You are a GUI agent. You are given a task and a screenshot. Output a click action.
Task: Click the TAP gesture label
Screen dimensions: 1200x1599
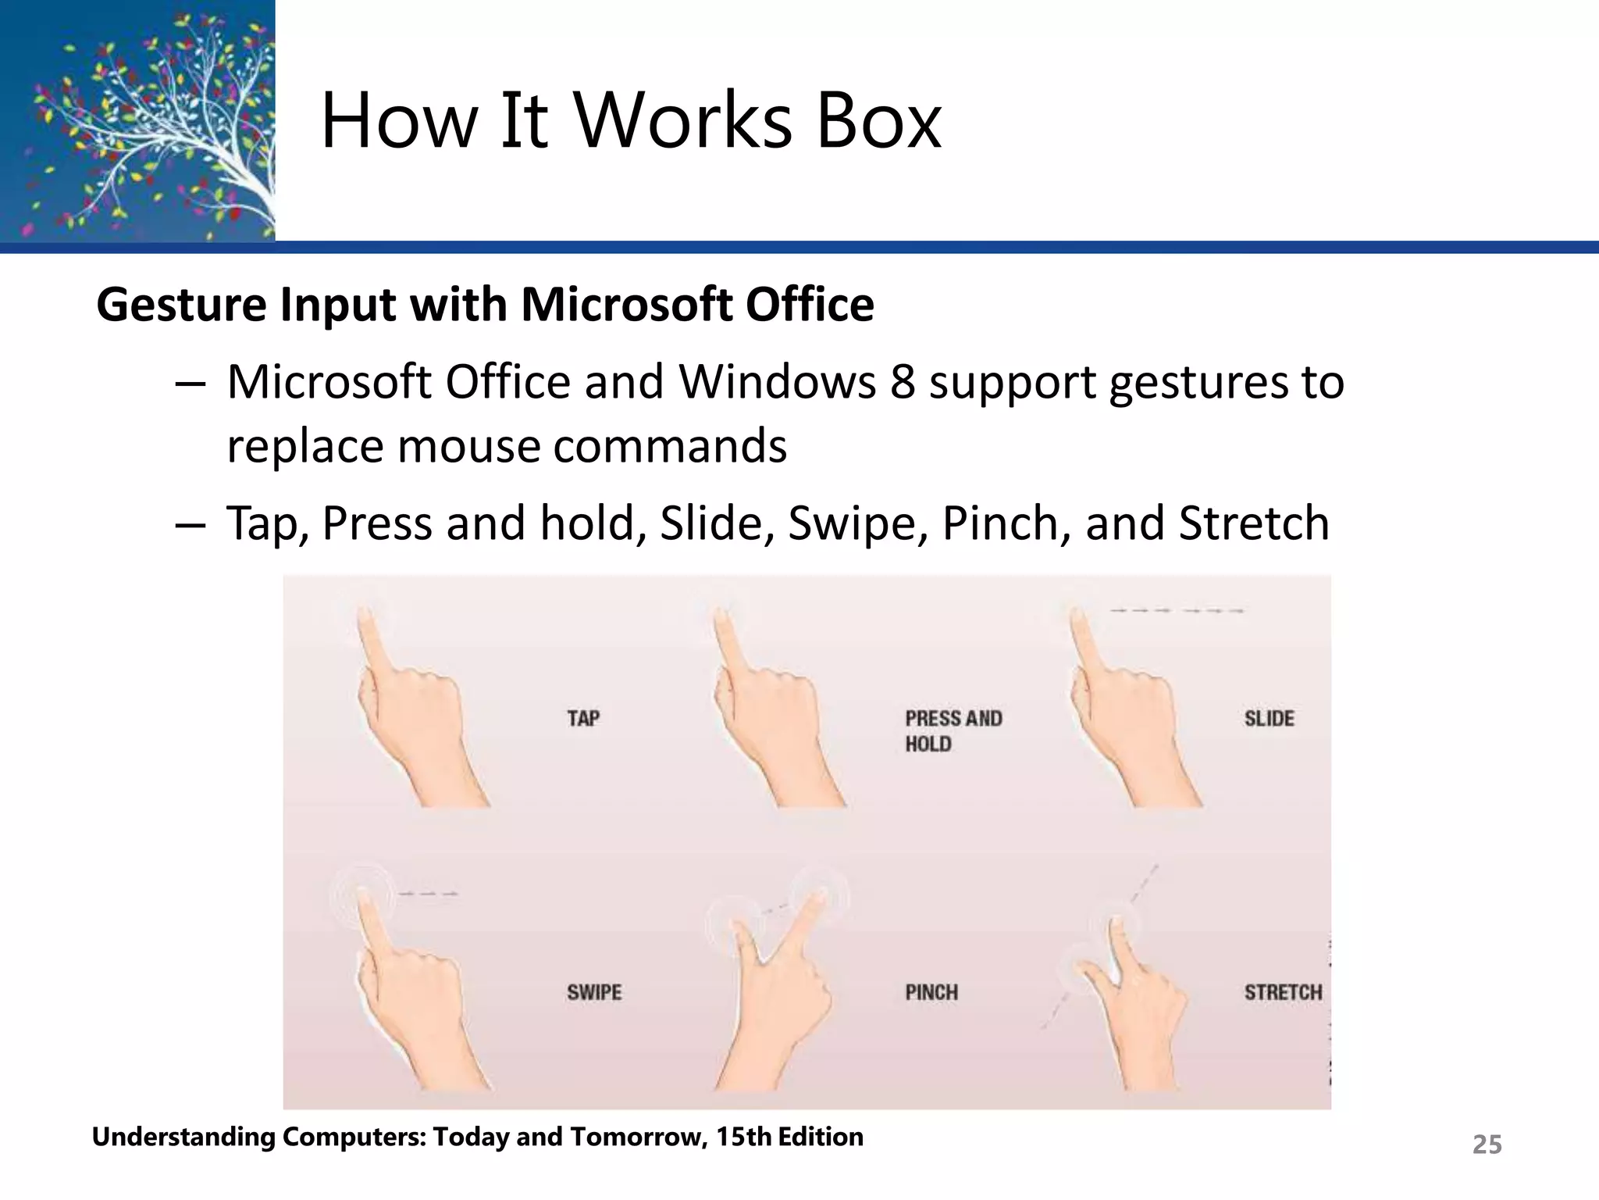pos(583,718)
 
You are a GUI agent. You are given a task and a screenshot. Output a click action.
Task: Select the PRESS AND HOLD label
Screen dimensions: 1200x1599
pos(953,730)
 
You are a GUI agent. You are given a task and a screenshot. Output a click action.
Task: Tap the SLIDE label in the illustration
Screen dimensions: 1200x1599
pos(1269,718)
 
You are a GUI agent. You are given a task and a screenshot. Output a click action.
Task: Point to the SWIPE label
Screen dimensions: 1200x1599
pos(594,992)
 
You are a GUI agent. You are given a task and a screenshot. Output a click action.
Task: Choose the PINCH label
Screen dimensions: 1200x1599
pos(931,992)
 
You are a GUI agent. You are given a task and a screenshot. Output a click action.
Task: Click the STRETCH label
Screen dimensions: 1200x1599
pos(1283,992)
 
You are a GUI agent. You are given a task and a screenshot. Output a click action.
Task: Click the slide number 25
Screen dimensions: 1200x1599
pos(1487,1145)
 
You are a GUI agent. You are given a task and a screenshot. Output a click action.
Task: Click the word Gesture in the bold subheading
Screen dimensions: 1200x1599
pos(181,305)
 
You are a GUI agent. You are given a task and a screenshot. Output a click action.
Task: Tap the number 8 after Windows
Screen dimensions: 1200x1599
pos(902,383)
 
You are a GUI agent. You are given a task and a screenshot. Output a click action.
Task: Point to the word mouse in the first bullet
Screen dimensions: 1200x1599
pos(468,447)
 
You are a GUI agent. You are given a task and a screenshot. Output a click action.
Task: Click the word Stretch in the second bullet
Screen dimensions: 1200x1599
pos(1253,523)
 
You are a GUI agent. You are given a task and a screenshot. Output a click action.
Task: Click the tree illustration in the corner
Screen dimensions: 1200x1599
pos(137,121)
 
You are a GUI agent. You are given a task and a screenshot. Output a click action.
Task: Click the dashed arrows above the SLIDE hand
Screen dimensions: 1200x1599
pos(1176,610)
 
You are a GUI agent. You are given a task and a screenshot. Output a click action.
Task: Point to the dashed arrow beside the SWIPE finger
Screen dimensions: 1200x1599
pos(427,894)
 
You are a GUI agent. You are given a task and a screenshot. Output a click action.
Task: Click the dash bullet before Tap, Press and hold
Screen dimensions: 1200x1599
pos(190,524)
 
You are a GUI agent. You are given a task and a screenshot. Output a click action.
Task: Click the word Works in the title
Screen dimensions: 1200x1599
pos(683,121)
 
